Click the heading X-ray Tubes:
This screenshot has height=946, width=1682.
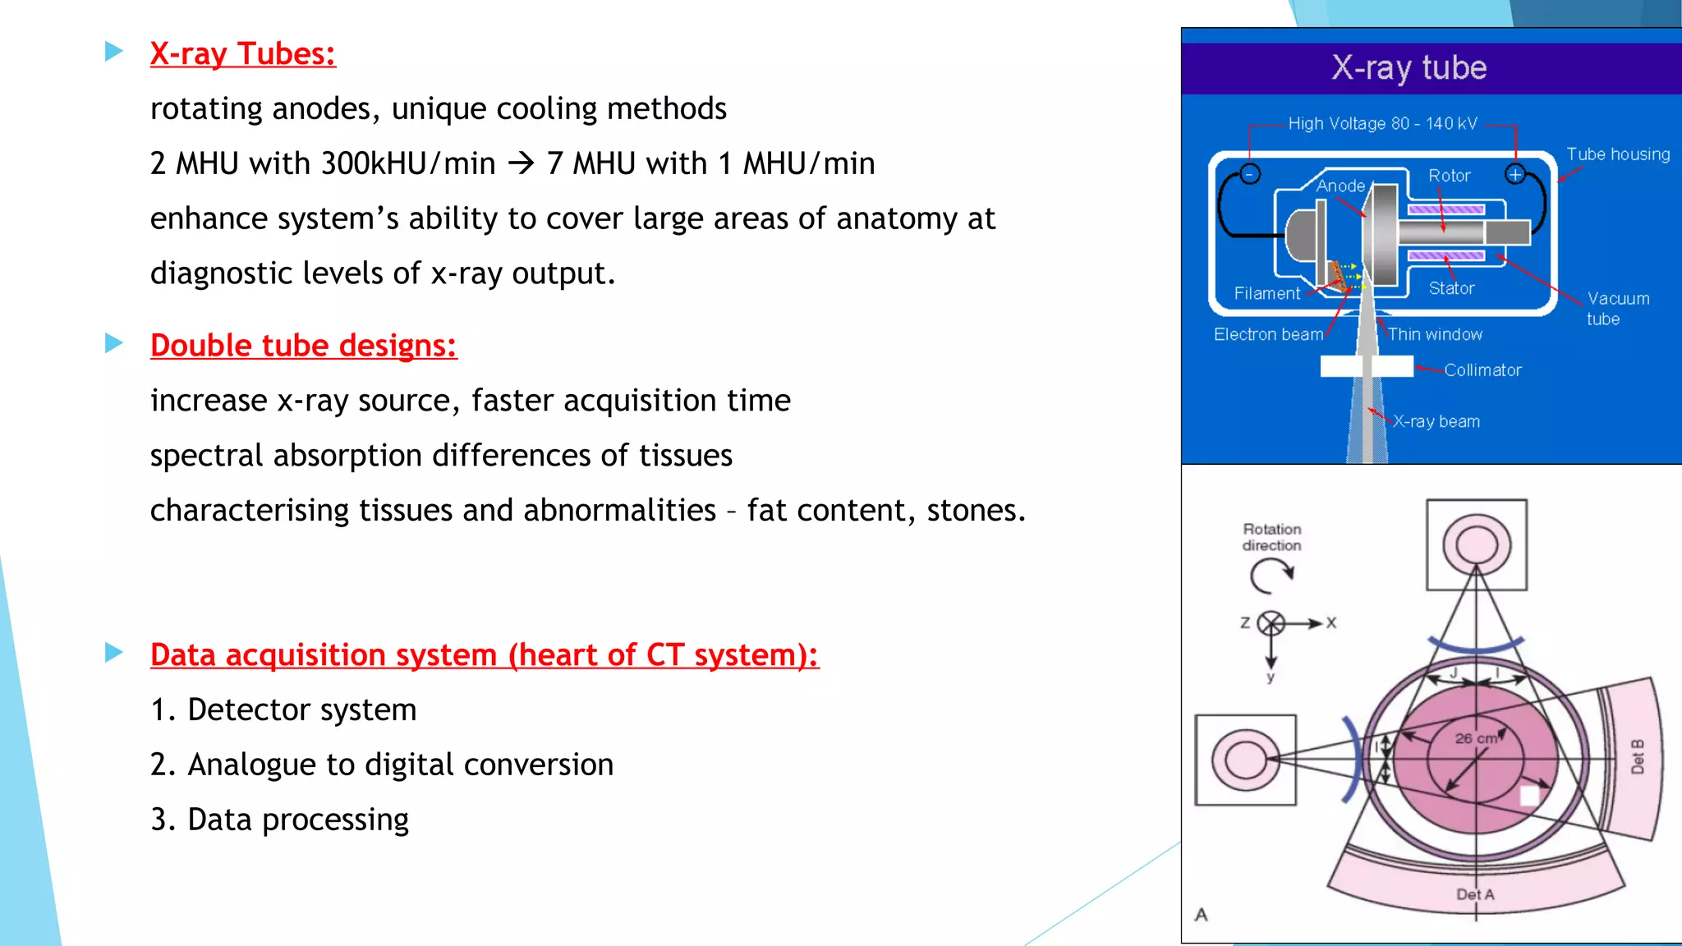click(x=242, y=54)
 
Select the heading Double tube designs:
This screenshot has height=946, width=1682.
click(x=303, y=346)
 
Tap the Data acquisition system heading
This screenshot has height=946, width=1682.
click(x=484, y=655)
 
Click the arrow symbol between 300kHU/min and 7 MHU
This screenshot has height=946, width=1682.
click(x=522, y=163)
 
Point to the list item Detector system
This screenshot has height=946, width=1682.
click(x=301, y=709)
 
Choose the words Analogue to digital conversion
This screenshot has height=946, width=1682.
click(x=400, y=765)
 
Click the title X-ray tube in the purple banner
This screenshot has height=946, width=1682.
click(x=1409, y=68)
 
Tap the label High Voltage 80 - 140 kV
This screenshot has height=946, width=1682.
click(x=1382, y=124)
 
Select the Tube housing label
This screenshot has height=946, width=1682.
click(x=1617, y=154)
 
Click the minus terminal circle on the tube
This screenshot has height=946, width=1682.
click(x=1250, y=174)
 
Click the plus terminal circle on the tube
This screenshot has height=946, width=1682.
click(x=1515, y=174)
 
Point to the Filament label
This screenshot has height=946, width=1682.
click(x=1266, y=293)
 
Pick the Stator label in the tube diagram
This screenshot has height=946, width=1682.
click(x=1451, y=288)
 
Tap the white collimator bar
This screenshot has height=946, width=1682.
click(x=1367, y=366)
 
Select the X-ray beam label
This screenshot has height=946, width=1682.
click(x=1436, y=421)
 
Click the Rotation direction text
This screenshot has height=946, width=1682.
click(x=1271, y=537)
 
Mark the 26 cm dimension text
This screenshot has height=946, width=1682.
click(x=1476, y=738)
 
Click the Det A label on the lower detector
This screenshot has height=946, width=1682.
click(x=1475, y=894)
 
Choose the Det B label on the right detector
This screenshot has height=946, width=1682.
click(x=1637, y=757)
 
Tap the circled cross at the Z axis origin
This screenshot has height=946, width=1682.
click(x=1271, y=623)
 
